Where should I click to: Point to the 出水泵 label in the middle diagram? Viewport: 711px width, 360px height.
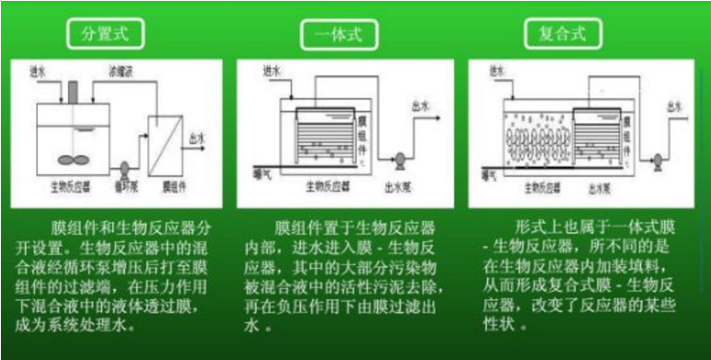coord(398,182)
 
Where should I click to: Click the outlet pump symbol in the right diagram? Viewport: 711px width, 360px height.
coord(658,159)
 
